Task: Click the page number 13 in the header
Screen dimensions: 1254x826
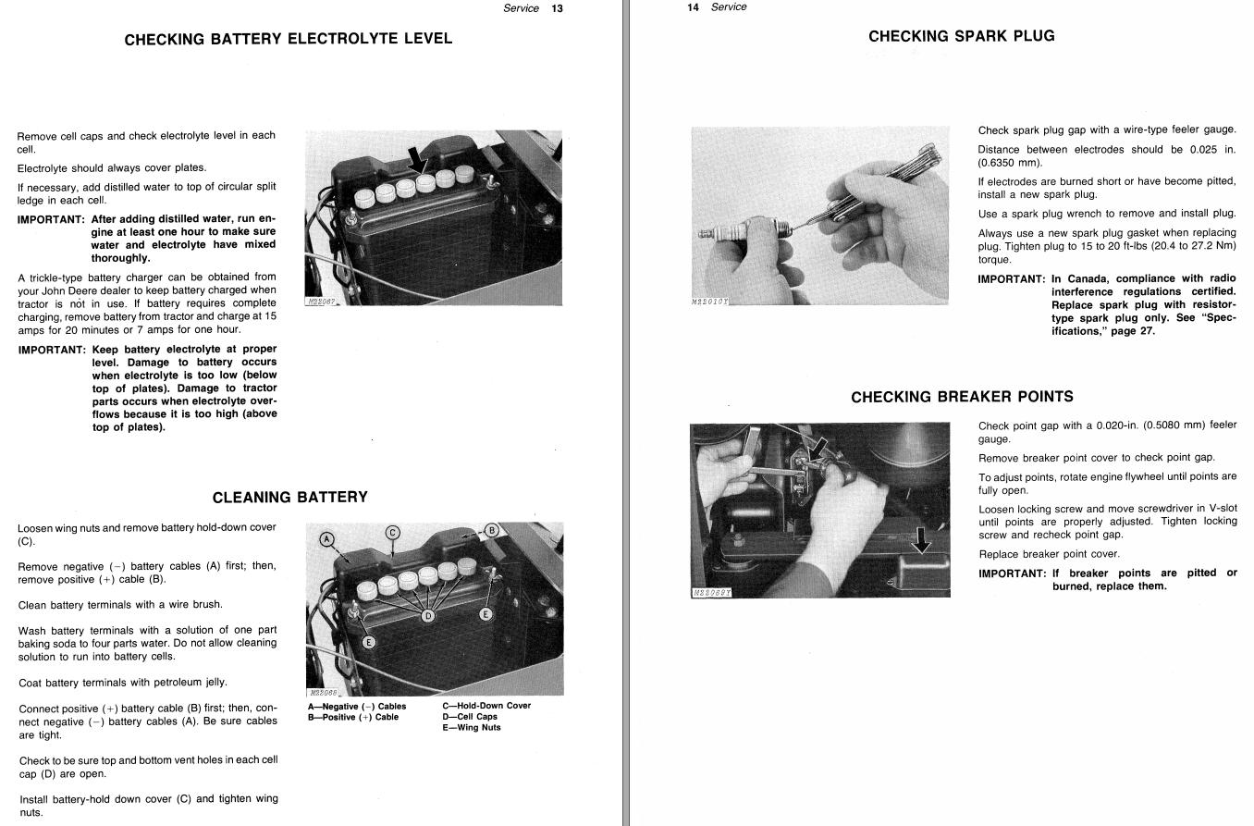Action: (x=557, y=8)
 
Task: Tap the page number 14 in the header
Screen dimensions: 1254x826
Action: (x=693, y=7)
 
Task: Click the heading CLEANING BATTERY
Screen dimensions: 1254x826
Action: (x=290, y=498)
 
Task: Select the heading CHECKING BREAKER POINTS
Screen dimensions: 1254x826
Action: (x=963, y=397)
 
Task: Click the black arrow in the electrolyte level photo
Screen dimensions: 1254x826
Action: (x=416, y=160)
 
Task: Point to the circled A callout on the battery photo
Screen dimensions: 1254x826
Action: (x=327, y=539)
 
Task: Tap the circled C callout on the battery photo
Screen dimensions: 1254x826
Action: (x=393, y=533)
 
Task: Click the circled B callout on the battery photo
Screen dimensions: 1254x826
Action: (x=492, y=530)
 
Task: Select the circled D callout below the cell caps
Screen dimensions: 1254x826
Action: (x=428, y=616)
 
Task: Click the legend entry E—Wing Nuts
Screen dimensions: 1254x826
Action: (x=472, y=727)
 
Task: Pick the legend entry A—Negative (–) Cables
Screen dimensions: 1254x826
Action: (x=357, y=707)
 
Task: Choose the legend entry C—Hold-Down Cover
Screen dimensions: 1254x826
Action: (x=486, y=706)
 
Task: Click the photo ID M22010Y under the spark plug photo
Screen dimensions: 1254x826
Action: (x=710, y=302)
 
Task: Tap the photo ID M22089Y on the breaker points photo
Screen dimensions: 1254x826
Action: (x=711, y=593)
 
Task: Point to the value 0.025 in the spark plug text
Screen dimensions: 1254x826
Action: (x=1204, y=150)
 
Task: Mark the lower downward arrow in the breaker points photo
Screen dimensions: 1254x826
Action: (x=921, y=540)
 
